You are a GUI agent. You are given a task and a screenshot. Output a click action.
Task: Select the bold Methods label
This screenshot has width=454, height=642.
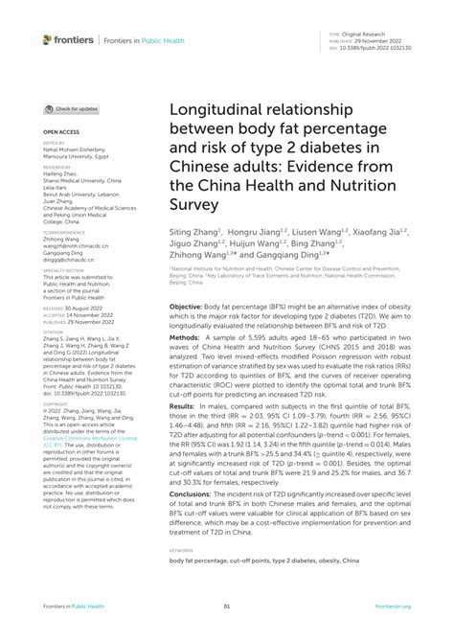click(187, 338)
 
